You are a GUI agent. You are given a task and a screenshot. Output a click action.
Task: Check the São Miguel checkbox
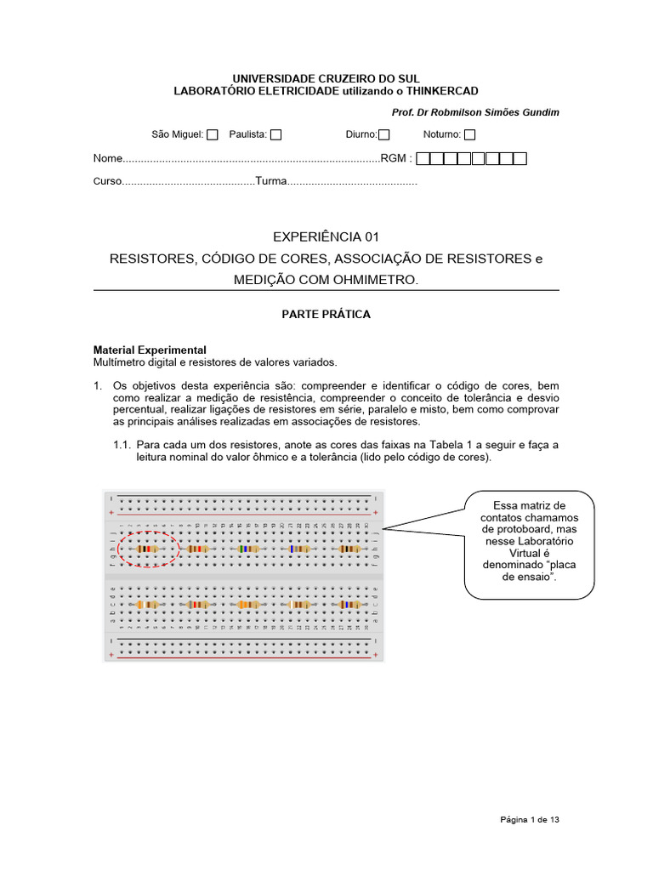tap(213, 134)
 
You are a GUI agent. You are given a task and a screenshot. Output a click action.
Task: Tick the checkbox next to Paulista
tap(275, 134)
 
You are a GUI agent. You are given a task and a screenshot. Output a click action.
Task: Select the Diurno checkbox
tap(383, 134)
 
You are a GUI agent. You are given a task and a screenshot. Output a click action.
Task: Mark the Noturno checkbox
tap(469, 134)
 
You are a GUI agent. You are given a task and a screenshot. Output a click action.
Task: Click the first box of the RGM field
tap(424, 158)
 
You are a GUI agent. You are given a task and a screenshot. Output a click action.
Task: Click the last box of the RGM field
tap(520, 158)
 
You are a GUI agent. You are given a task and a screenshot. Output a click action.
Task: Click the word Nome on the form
tap(107, 159)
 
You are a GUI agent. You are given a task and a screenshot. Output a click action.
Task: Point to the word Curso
tap(106, 182)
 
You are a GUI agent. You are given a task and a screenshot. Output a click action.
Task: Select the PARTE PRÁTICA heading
tap(326, 314)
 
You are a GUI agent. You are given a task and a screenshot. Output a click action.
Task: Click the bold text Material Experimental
tap(149, 350)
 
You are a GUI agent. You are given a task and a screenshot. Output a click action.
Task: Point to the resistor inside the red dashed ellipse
tap(147, 549)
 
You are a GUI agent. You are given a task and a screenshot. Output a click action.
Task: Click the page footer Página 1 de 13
tap(529, 820)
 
